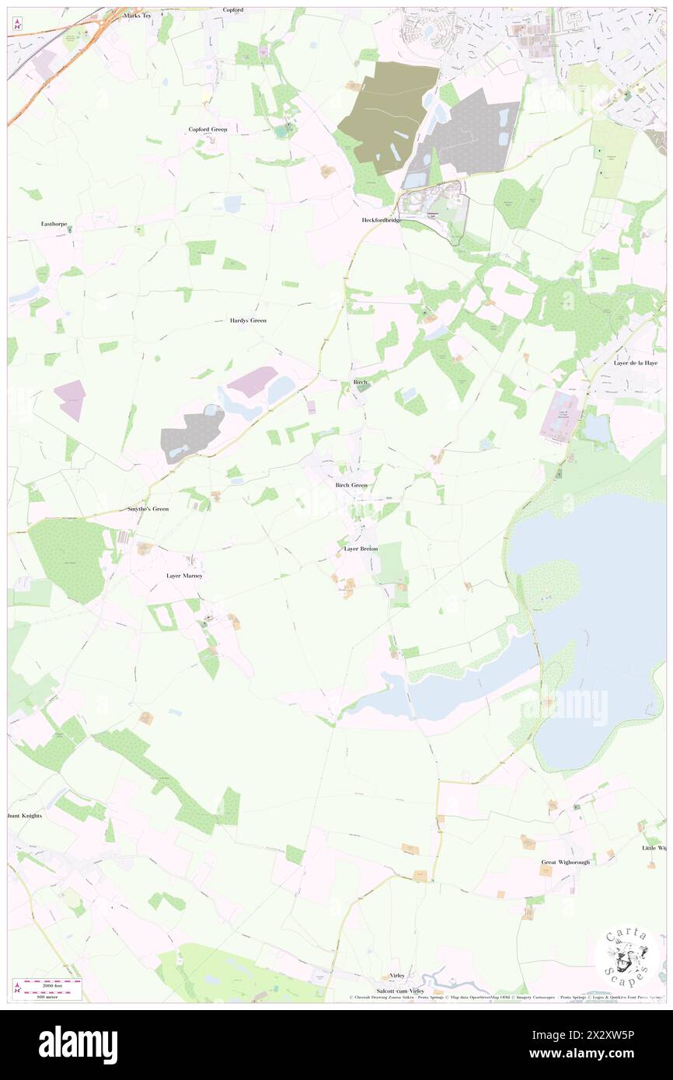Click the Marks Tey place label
coord(137,15)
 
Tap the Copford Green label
coord(208,129)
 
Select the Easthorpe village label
coord(54,224)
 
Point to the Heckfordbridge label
coord(382,220)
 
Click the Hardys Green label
coord(248,320)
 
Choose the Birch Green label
coord(351,485)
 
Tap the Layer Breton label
coord(361,549)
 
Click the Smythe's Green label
coord(148,508)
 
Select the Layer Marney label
coord(184,576)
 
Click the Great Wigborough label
coord(566,862)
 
